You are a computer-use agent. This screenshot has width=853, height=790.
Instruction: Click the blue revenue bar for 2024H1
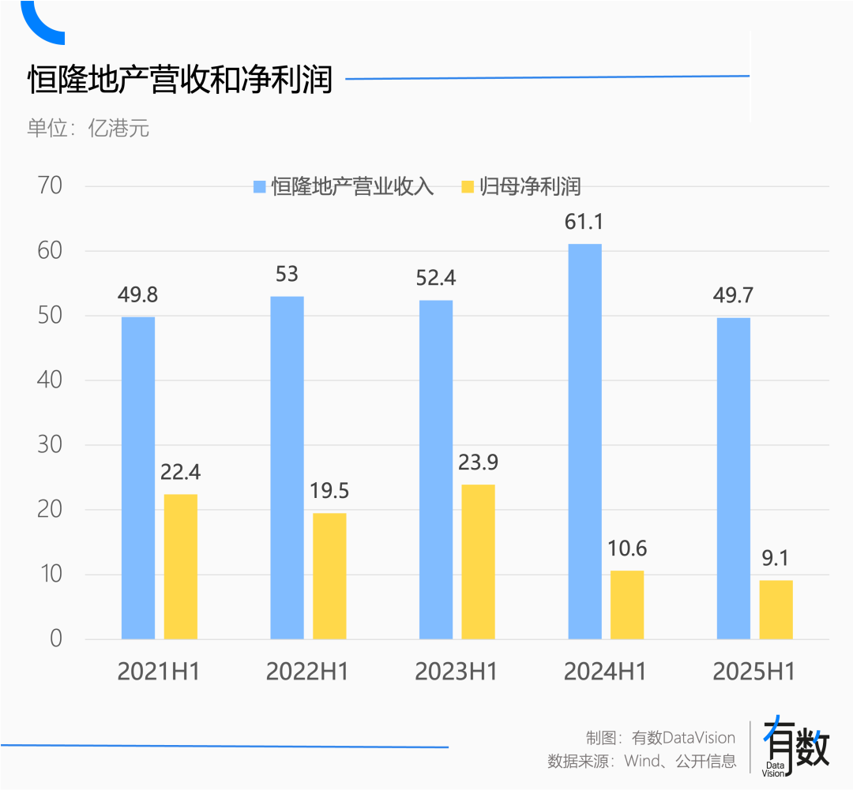click(x=584, y=442)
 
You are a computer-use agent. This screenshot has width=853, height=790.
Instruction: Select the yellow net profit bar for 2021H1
click(x=181, y=567)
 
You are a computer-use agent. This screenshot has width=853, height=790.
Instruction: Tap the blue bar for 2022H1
click(x=287, y=467)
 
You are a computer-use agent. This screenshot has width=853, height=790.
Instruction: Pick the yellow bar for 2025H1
click(x=776, y=609)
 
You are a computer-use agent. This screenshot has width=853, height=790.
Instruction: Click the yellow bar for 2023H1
click(x=478, y=562)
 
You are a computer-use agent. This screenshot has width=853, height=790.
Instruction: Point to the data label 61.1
click(x=584, y=223)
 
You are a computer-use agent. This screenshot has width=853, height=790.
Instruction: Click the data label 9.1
click(x=776, y=558)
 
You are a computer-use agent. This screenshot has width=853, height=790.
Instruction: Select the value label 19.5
click(x=329, y=491)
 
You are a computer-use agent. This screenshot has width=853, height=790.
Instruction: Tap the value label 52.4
click(x=435, y=278)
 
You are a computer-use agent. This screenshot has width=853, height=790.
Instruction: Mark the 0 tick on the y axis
click(x=55, y=638)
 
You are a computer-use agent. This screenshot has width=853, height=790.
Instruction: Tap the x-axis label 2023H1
click(x=457, y=672)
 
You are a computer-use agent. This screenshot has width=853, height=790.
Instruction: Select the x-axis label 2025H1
click(x=753, y=672)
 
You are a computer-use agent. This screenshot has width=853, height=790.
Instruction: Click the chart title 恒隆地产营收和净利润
click(x=180, y=80)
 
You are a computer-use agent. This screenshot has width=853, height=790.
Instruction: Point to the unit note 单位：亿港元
click(x=88, y=128)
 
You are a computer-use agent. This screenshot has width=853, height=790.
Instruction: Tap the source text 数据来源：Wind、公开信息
click(x=641, y=762)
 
